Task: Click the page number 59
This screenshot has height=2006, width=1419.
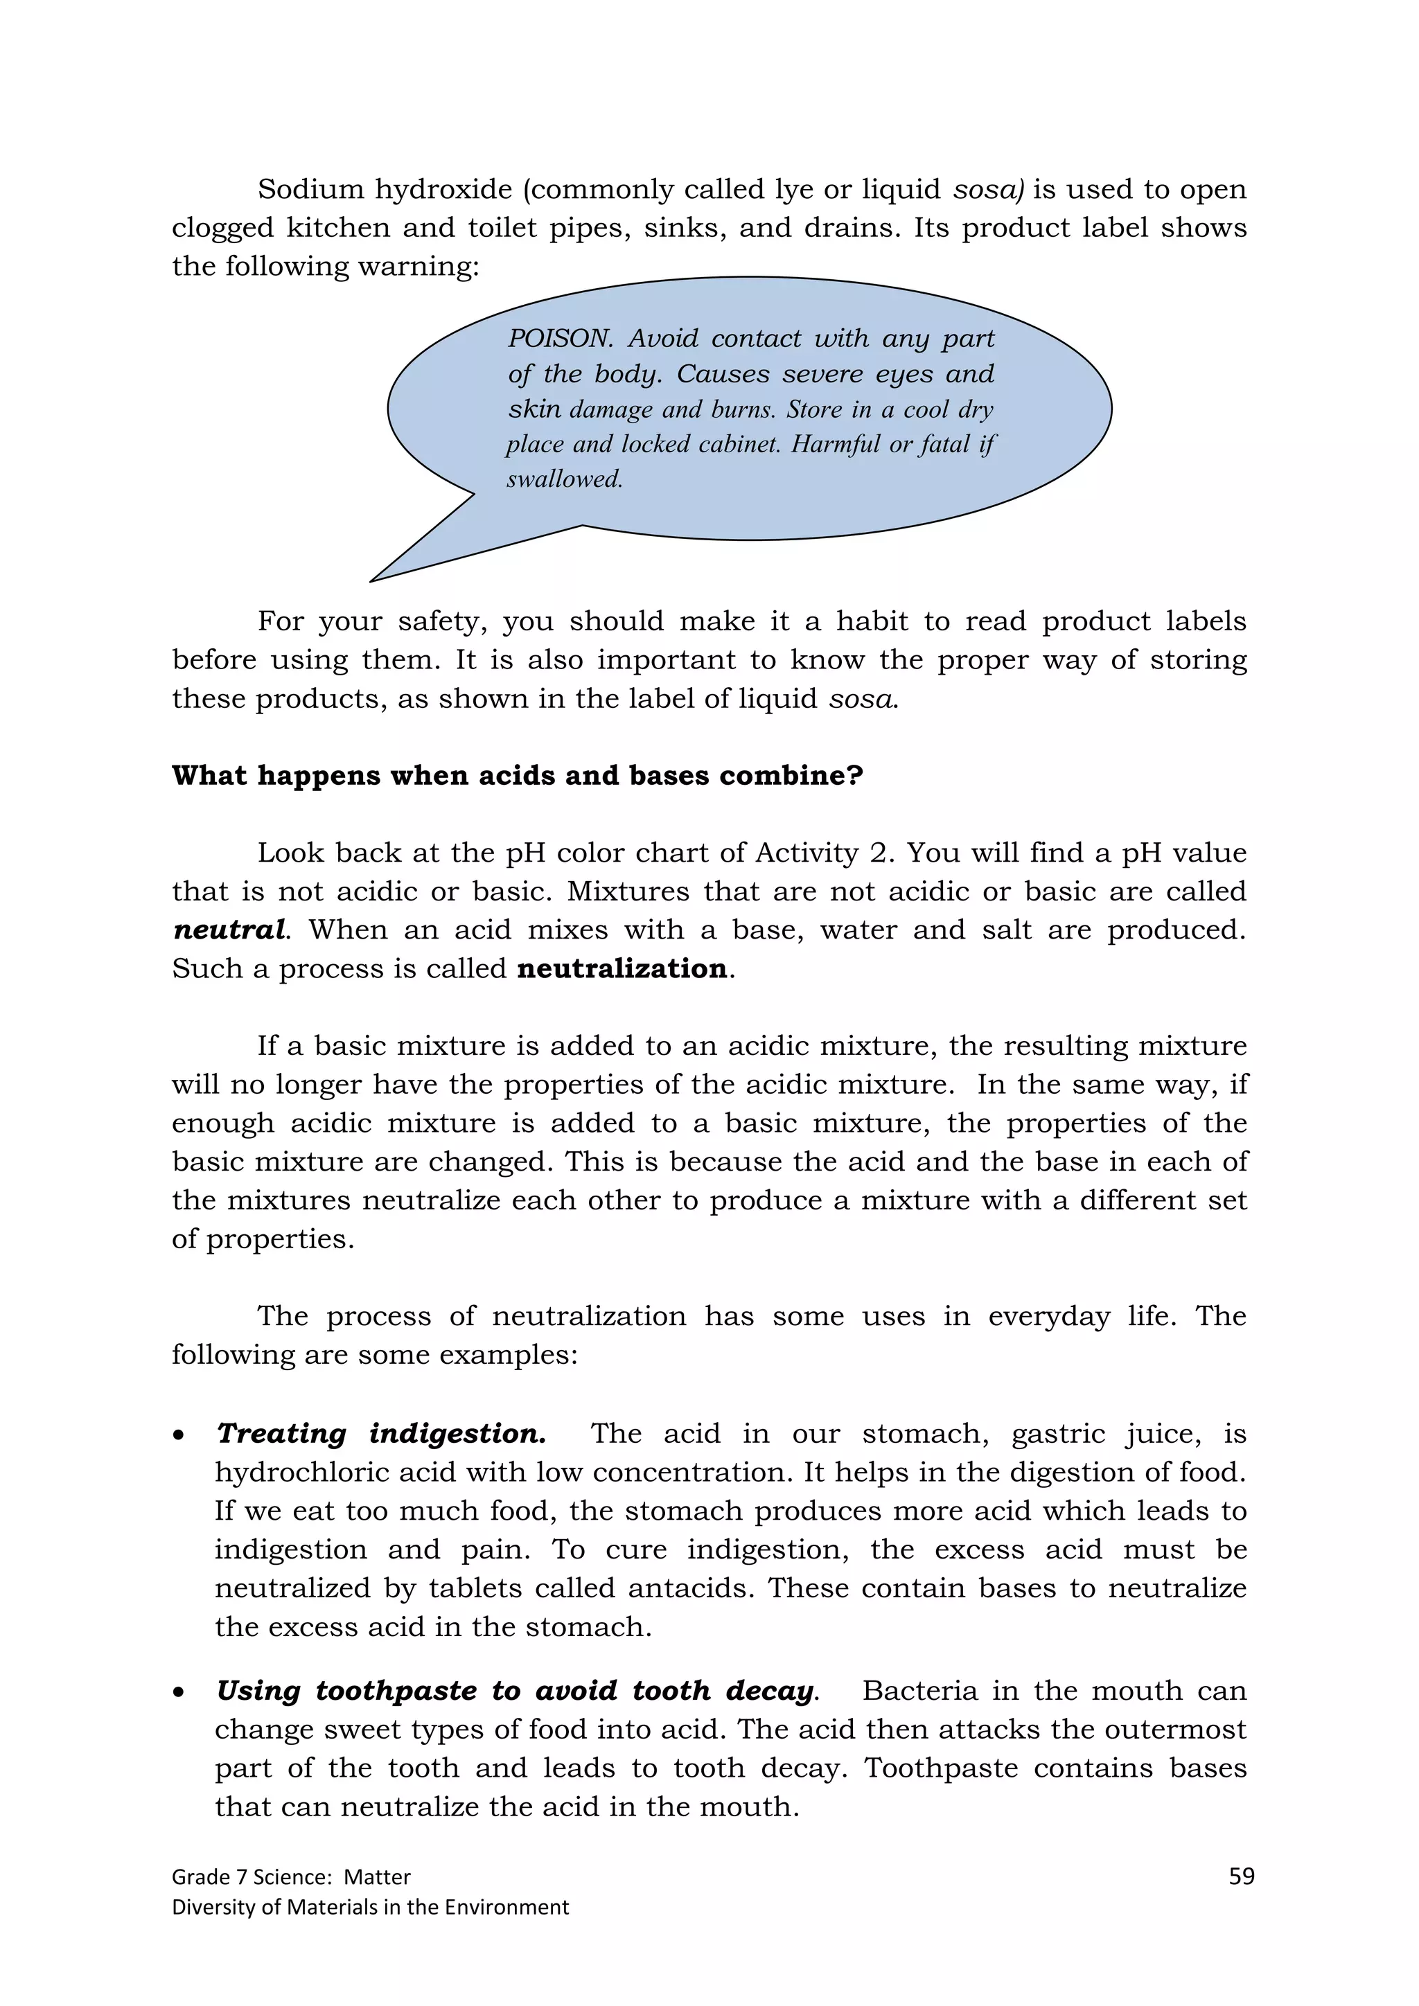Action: point(1241,1876)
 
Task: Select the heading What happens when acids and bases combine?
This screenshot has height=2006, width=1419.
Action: point(518,775)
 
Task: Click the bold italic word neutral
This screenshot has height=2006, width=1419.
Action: point(229,930)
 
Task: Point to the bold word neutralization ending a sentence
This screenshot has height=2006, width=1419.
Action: point(622,968)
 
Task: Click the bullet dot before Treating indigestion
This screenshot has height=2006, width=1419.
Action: point(179,1435)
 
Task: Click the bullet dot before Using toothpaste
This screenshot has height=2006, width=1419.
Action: point(179,1692)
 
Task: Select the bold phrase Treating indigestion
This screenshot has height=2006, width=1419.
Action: point(381,1434)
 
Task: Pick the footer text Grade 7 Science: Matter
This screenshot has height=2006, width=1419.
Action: point(291,1876)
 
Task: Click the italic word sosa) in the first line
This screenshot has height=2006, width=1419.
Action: point(988,190)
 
